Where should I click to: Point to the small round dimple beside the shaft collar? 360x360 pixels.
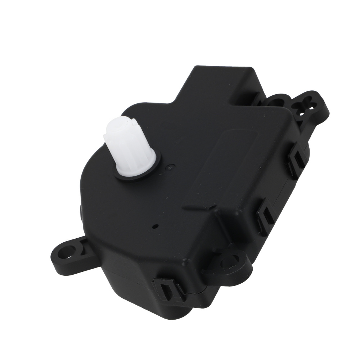(x=171, y=167)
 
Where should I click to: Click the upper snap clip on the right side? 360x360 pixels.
(x=297, y=160)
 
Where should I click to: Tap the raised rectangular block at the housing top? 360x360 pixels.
(x=220, y=81)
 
